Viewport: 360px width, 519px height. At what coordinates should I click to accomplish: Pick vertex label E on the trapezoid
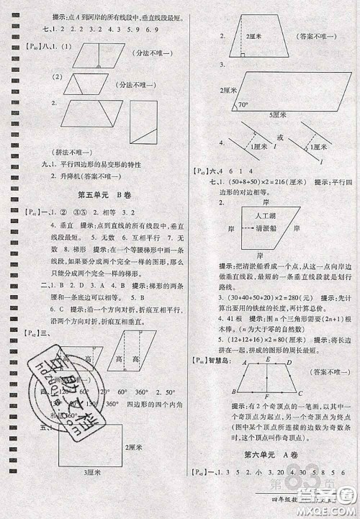(x=267, y=360)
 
